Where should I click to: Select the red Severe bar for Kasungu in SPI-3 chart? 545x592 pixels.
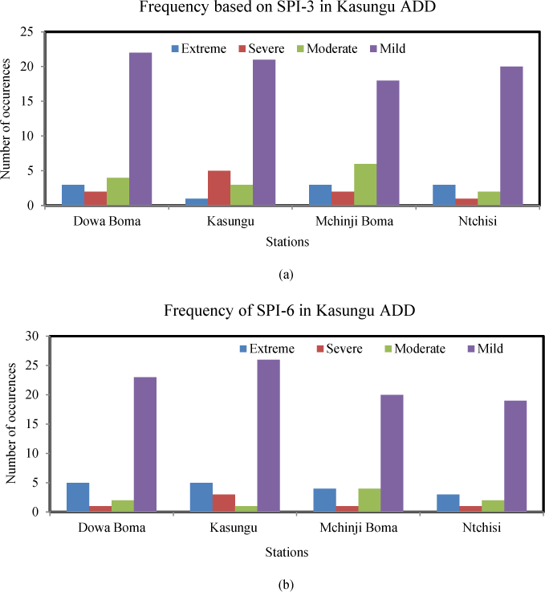pos(219,188)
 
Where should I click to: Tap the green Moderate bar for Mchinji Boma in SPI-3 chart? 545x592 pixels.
pos(365,185)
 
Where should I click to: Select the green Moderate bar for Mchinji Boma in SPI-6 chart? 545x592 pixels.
pos(370,500)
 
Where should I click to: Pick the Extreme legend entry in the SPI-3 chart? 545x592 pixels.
pos(197,49)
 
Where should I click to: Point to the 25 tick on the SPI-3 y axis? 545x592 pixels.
pos(34,32)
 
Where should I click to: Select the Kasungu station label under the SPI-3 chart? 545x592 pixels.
pos(207,222)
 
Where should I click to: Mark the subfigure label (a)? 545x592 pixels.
pos(286,274)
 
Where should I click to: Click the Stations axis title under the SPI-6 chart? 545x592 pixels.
pos(287,553)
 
